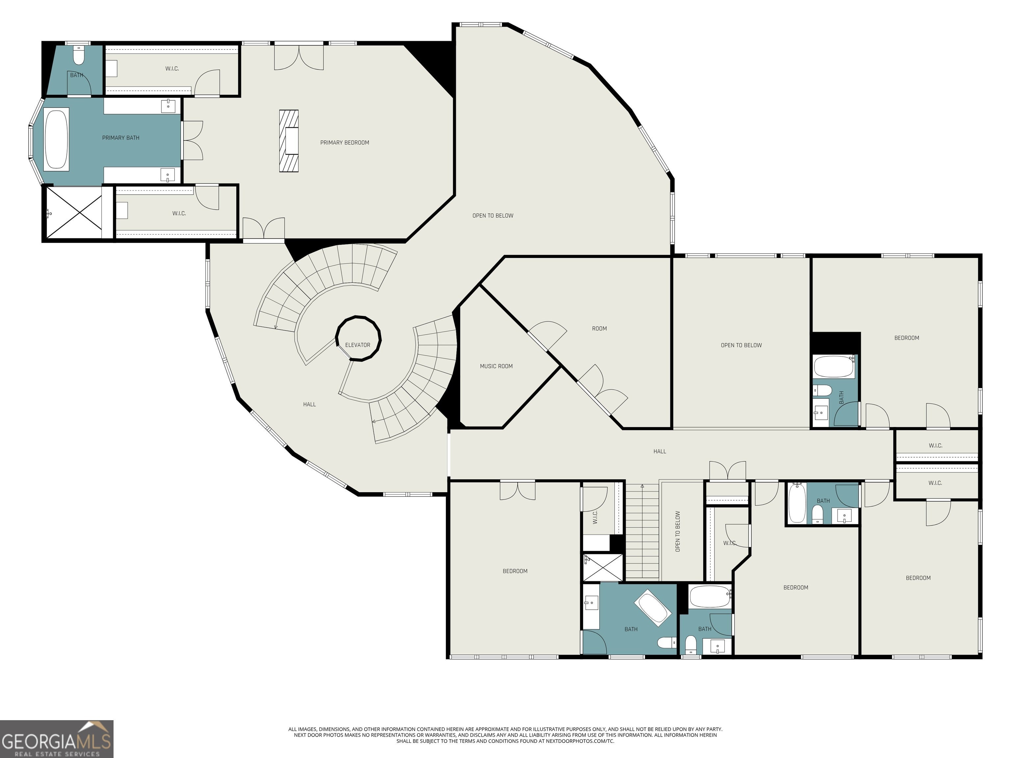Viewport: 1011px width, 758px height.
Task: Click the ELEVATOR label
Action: coord(357,345)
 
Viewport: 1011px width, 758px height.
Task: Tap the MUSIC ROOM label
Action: coord(496,366)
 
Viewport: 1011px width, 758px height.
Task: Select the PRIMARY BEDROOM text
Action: coord(344,142)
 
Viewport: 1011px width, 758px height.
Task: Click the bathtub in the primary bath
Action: coord(57,139)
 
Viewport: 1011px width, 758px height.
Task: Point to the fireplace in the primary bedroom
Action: coord(289,141)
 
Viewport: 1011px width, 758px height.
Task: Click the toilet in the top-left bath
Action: coord(79,55)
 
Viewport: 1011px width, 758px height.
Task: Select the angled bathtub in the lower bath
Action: coord(652,608)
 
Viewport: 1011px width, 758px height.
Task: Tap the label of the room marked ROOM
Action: coord(599,329)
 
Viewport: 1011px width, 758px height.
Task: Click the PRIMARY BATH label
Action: coord(121,138)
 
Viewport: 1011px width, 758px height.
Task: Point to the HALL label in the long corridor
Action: coord(660,451)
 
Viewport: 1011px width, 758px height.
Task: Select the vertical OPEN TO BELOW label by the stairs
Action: coord(678,531)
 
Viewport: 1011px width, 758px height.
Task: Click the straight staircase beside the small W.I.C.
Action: coord(642,532)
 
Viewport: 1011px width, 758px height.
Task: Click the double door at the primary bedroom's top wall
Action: coord(299,58)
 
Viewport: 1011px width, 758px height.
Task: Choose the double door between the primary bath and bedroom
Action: coord(193,140)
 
